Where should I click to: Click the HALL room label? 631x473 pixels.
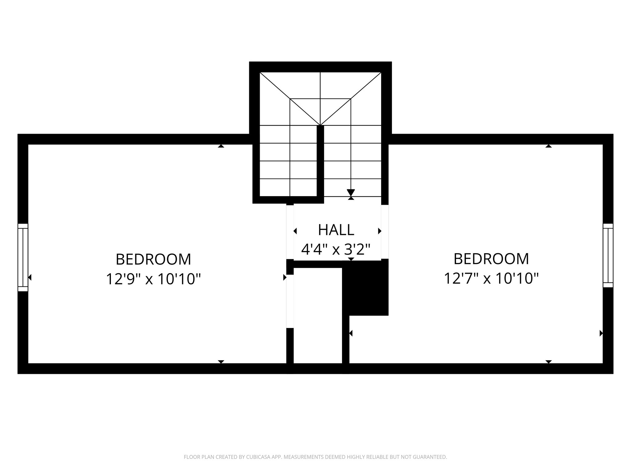[x=336, y=230]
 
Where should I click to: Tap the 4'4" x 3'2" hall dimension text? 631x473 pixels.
[x=336, y=249]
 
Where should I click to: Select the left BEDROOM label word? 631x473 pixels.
[x=153, y=259]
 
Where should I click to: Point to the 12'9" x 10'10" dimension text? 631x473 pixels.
[x=153, y=279]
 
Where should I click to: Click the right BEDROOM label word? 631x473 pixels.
[x=491, y=259]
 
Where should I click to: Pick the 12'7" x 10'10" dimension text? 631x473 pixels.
[x=491, y=279]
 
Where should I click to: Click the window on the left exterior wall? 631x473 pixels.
[x=23, y=257]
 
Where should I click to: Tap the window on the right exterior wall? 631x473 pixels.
[x=608, y=256]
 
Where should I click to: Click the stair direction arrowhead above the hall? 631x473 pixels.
[x=351, y=192]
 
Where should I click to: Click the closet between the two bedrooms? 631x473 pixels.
[x=318, y=315]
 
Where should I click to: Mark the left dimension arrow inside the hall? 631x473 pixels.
[x=295, y=231]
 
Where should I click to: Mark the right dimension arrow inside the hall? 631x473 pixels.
[x=380, y=231]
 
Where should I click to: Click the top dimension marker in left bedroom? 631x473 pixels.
[x=221, y=146]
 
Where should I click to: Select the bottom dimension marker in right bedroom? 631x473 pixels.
[x=548, y=362]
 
